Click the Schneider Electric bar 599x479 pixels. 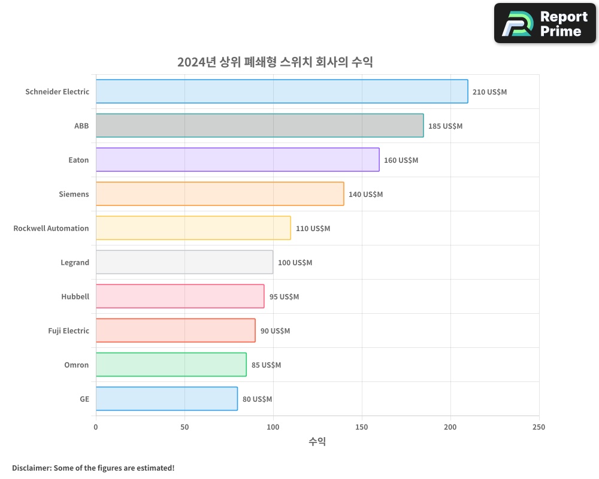click(282, 92)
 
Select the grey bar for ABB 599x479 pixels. click(259, 126)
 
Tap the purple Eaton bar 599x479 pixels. click(237, 160)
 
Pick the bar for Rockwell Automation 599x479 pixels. click(193, 228)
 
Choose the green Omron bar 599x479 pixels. click(171, 365)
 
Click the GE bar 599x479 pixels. click(167, 399)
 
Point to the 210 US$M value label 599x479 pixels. click(489, 92)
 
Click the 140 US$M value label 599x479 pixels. click(365, 195)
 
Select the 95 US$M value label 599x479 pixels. click(284, 297)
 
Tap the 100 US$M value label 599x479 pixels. click(295, 263)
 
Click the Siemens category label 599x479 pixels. click(74, 195)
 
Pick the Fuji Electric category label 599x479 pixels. click(68, 331)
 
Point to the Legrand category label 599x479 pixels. click(75, 263)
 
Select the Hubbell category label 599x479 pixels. click(75, 297)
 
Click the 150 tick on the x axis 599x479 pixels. click(362, 428)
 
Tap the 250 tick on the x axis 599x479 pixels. click(539, 428)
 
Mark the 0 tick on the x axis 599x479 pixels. click(96, 428)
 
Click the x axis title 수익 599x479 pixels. click(317, 442)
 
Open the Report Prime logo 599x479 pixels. click(544, 23)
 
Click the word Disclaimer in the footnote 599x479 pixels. click(31, 468)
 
